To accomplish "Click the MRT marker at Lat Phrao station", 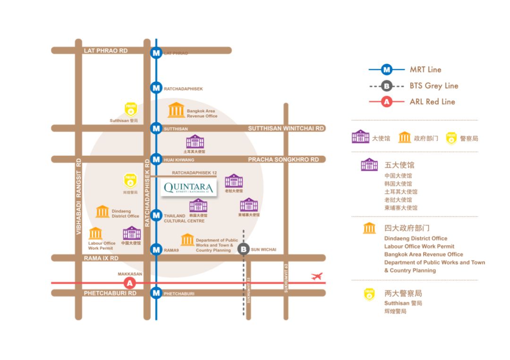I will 156,53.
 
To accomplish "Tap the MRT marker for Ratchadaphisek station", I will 156,88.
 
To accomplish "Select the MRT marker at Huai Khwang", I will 156,159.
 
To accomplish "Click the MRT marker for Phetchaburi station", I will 156,293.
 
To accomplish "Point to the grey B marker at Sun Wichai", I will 243,249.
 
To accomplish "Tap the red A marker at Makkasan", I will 129,283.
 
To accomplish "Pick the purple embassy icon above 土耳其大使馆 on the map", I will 195,142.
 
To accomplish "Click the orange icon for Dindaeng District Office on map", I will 102,212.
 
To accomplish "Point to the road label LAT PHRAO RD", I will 106,50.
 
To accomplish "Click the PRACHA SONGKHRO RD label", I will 283,159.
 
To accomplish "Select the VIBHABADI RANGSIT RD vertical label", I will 78,196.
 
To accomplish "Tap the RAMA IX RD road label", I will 101,258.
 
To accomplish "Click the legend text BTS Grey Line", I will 434,86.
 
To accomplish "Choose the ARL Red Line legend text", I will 432,101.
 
